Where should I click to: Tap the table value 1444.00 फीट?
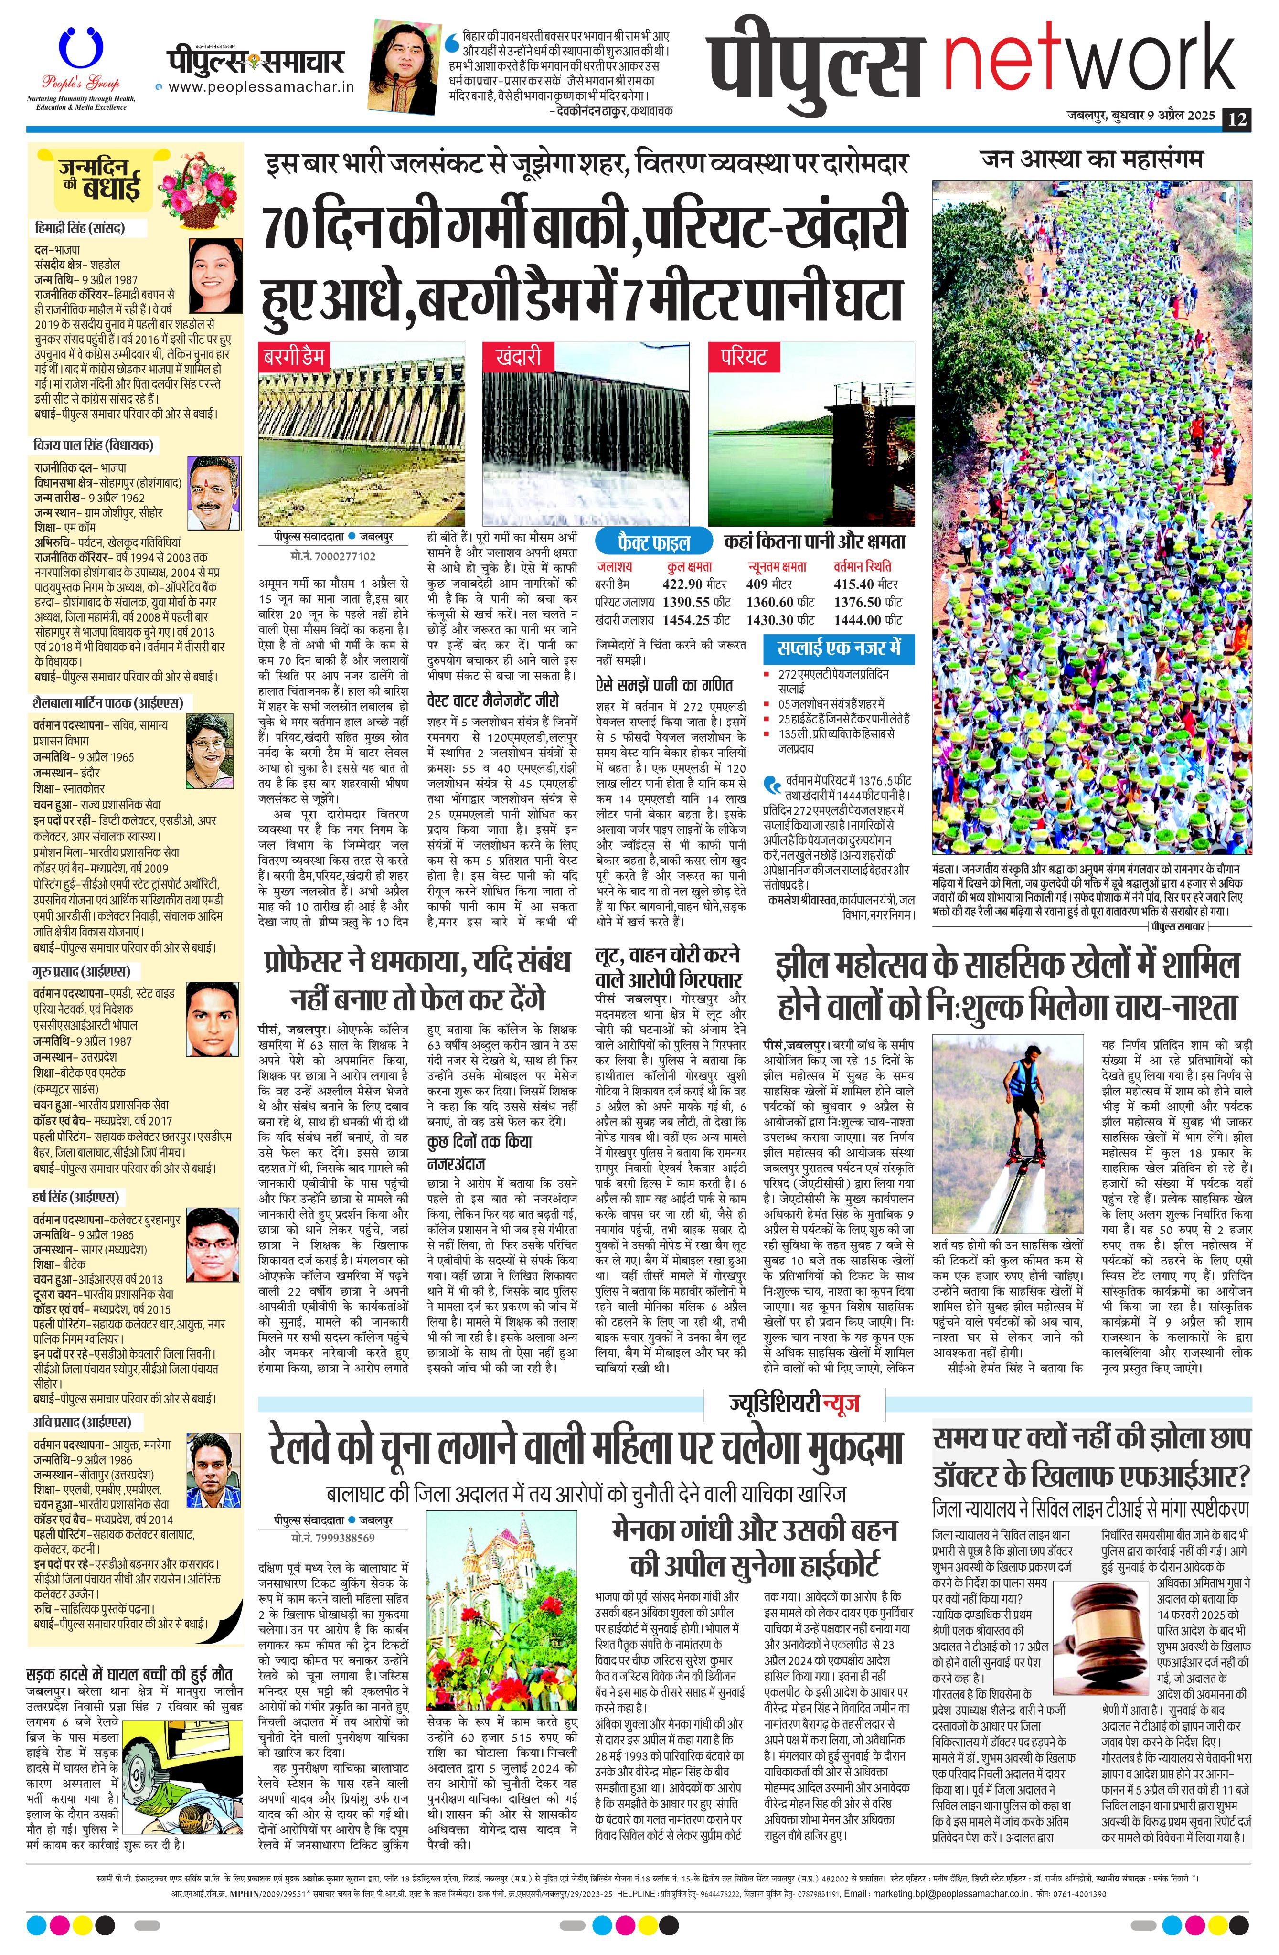[867, 620]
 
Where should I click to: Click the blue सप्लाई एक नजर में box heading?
[838, 648]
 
